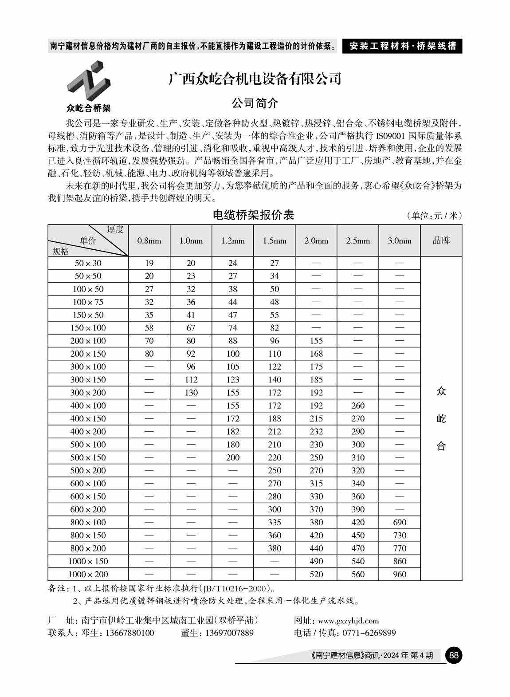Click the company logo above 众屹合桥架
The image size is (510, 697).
(x=88, y=82)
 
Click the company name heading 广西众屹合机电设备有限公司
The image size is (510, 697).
(x=255, y=79)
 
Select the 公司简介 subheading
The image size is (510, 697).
(x=255, y=104)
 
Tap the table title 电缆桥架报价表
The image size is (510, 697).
(x=253, y=215)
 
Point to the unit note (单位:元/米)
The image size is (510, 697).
(x=434, y=216)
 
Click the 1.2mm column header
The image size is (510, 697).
(x=233, y=241)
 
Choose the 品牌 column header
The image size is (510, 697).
(x=441, y=241)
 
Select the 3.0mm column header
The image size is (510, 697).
(x=400, y=241)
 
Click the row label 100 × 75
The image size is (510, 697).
(x=88, y=302)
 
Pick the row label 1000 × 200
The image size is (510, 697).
(x=88, y=574)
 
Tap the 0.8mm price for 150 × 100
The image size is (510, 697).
(x=149, y=328)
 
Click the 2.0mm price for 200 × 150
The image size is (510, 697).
(x=316, y=354)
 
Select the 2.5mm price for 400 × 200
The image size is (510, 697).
(x=357, y=432)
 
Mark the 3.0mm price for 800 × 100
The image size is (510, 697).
(x=400, y=522)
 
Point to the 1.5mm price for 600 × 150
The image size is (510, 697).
(x=275, y=496)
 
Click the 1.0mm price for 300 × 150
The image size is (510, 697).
(x=191, y=380)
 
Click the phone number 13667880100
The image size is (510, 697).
(x=129, y=633)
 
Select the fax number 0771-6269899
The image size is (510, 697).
(x=369, y=633)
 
